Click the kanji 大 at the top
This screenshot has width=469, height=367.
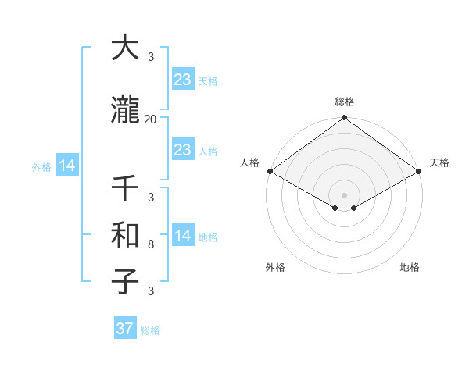tap(125, 48)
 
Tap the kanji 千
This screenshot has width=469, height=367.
tap(125, 188)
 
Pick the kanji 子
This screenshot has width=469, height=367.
tap(125, 282)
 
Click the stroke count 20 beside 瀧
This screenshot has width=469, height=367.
tap(150, 119)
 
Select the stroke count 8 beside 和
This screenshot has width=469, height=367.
tap(150, 244)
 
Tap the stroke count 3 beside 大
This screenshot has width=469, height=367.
tap(150, 57)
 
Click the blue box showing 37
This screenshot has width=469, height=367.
tap(124, 329)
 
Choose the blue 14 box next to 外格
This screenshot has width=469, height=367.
tap(66, 166)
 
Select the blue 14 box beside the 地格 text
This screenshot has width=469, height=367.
tap(182, 237)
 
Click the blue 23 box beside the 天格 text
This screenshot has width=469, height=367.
tap(182, 80)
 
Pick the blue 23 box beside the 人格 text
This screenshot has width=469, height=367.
tap(182, 150)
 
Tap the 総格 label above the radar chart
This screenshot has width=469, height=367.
tap(344, 102)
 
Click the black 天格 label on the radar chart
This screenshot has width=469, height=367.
tap(439, 162)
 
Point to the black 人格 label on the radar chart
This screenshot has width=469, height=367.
tap(249, 162)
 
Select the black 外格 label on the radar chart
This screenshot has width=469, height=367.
tap(275, 268)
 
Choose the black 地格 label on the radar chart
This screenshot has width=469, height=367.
tap(410, 268)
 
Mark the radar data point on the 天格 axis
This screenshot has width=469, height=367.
tap(420, 171)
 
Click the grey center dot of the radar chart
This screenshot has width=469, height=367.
tap(344, 194)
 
